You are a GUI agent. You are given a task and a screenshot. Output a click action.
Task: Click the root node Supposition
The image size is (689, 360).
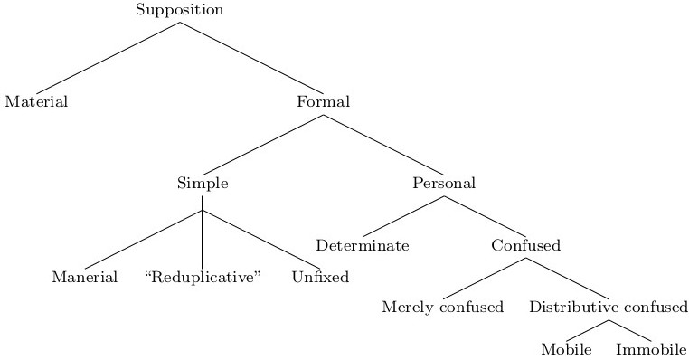click(179, 11)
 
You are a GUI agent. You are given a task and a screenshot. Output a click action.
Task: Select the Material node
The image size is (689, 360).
click(36, 102)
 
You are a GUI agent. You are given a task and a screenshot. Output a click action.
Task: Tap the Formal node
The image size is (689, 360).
click(323, 102)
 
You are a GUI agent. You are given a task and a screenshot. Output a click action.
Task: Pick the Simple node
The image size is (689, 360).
click(203, 184)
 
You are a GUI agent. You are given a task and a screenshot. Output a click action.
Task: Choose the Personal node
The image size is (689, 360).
click(444, 184)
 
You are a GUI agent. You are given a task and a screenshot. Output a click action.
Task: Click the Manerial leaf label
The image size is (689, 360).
click(84, 278)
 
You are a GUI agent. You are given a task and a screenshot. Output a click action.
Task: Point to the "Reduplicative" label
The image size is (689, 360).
click(203, 278)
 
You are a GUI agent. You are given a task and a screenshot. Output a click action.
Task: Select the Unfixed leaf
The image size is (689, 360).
click(320, 278)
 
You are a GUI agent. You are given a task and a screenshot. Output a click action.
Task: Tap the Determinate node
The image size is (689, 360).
click(363, 246)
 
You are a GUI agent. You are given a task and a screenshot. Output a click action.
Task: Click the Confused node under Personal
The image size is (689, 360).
click(525, 246)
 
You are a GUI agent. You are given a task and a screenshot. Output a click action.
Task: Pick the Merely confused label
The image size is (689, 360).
click(442, 308)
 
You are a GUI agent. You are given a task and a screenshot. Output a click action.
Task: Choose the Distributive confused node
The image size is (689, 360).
click(609, 308)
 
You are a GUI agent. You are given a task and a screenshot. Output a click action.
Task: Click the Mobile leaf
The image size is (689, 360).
click(566, 349)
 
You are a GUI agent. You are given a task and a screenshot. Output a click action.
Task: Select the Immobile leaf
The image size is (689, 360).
click(651, 349)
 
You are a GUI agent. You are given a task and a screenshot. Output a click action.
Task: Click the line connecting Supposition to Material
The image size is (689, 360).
click(108, 56)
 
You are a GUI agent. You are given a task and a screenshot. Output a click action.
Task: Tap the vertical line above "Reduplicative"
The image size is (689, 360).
click(202, 240)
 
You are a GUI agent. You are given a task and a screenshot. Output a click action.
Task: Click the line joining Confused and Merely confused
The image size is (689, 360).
click(484, 277)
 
